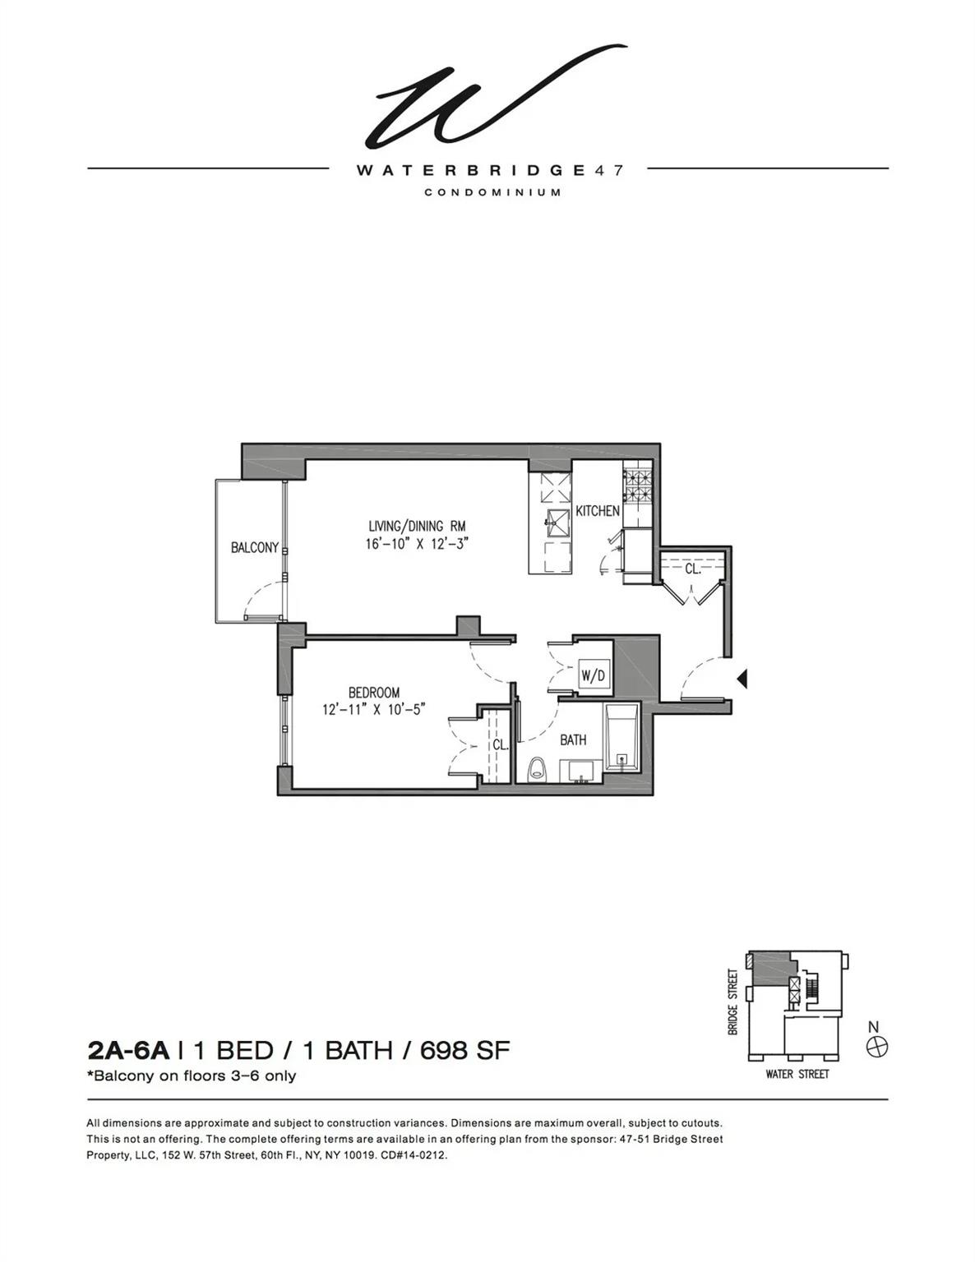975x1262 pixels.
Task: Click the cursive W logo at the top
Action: coord(492,99)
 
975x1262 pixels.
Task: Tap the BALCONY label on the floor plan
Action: coord(254,548)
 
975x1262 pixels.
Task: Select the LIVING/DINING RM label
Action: coord(417,526)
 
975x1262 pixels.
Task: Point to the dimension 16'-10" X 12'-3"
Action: coord(417,544)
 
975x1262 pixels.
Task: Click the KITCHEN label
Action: coord(597,511)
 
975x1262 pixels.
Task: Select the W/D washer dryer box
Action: coord(594,675)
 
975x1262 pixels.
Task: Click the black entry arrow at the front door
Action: coord(742,679)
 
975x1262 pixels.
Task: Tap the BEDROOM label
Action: coord(373,693)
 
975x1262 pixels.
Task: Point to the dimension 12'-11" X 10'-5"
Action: coord(373,710)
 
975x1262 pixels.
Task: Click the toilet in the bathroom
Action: coord(537,769)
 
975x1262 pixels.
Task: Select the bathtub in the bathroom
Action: coord(622,737)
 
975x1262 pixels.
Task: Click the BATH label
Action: coord(573,739)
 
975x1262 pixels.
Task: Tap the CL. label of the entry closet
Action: coord(692,568)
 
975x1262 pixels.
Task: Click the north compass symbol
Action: coord(877,1047)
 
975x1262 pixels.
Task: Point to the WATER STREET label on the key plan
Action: coord(797,1074)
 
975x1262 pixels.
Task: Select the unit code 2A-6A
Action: coord(127,1050)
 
